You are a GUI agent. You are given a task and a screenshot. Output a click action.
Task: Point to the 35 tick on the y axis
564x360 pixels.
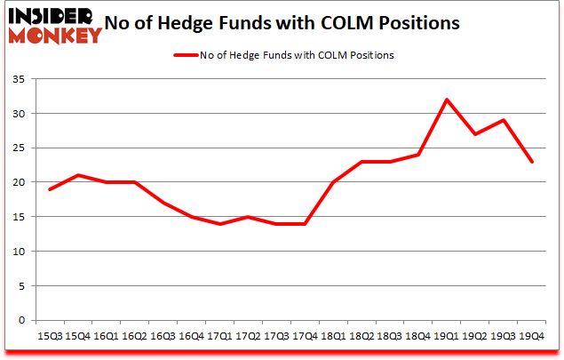[19, 79]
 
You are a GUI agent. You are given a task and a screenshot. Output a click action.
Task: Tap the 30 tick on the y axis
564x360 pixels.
[19, 114]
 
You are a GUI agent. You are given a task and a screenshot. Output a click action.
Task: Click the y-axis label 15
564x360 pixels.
[19, 217]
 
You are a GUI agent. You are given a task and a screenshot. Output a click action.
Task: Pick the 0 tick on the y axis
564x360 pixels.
[22, 320]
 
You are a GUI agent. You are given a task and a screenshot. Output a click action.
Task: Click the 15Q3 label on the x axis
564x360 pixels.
[49, 337]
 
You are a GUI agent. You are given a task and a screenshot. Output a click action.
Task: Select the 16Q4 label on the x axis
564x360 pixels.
[191, 337]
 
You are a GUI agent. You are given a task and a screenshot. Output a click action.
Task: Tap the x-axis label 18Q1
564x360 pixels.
[333, 337]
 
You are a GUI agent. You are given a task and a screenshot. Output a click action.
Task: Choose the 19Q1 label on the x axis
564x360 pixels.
[447, 337]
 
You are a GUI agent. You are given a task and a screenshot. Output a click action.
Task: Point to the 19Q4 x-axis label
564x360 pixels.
[532, 337]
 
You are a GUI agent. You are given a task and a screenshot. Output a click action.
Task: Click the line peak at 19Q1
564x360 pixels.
[447, 100]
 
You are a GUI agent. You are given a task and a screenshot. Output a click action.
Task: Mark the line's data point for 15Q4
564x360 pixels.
[77, 175]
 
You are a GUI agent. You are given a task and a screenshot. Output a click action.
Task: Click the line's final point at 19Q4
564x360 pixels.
[532, 162]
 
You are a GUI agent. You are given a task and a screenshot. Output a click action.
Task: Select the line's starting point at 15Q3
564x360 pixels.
[49, 189]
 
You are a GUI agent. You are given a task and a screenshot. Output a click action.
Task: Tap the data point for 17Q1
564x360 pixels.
[219, 224]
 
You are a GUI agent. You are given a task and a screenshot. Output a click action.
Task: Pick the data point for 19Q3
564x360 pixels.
[504, 120]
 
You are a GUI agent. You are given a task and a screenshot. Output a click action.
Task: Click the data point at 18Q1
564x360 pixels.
[333, 182]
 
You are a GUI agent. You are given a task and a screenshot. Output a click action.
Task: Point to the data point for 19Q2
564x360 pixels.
[475, 134]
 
